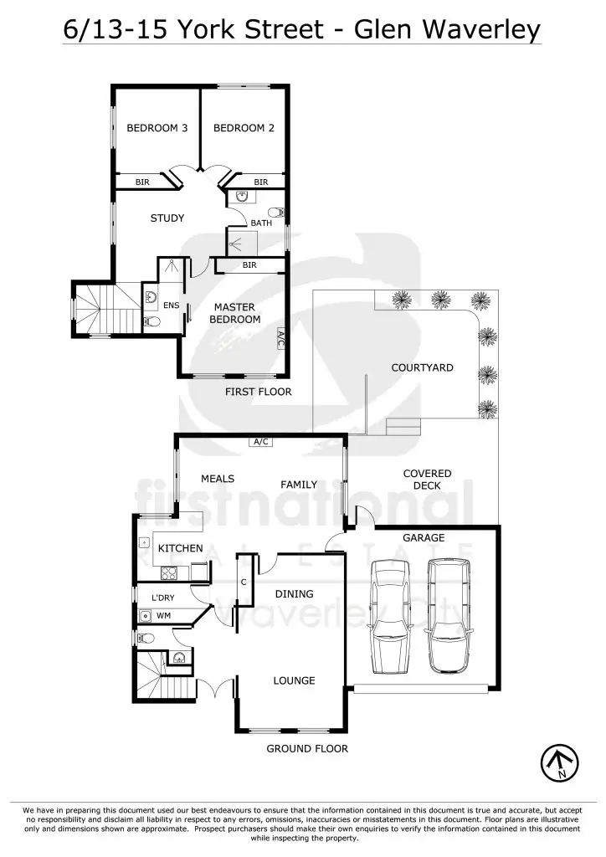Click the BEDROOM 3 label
(157, 128)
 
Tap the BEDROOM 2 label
(244, 128)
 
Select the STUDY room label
(167, 218)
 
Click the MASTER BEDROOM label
(234, 313)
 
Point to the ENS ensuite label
(171, 305)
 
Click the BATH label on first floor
(261, 223)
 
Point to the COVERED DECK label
(427, 480)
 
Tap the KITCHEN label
(180, 548)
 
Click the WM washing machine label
(163, 615)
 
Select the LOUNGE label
(294, 680)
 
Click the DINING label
(294, 594)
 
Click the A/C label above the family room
(259, 442)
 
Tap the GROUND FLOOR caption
(306, 748)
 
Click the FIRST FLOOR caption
(258, 391)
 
